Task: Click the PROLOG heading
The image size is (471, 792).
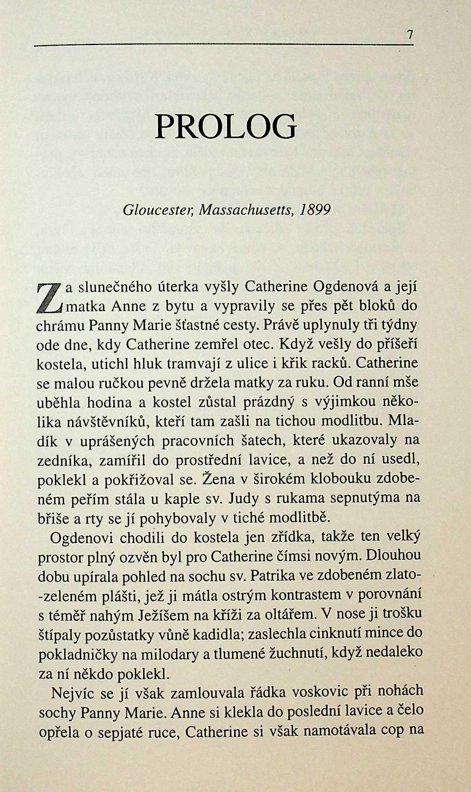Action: pos(225,127)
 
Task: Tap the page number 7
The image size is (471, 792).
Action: pos(409,35)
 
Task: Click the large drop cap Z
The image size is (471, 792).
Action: pos(50,297)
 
